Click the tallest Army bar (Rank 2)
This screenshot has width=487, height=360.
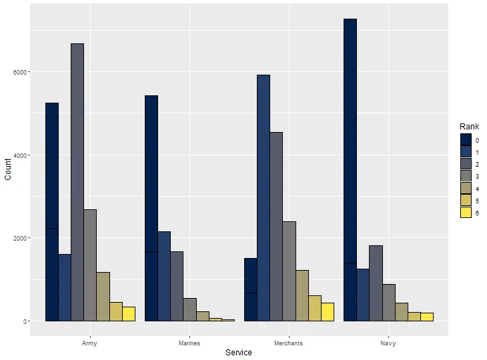(77, 182)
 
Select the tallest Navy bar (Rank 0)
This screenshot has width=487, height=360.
(350, 170)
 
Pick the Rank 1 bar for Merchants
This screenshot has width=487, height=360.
(264, 198)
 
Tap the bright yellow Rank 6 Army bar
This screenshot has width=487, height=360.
(129, 314)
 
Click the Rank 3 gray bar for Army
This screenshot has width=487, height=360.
(90, 265)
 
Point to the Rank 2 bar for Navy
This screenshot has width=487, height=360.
(376, 283)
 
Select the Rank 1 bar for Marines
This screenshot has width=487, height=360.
(164, 276)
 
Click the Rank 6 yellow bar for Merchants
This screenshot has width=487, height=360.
(328, 312)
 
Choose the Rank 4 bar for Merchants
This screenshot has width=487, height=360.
(302, 295)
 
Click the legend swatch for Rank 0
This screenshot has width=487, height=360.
(466, 139)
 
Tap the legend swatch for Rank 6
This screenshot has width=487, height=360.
(466, 213)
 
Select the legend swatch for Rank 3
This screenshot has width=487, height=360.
(466, 176)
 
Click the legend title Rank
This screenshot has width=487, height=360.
(469, 127)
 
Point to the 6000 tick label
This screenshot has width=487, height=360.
(20, 72)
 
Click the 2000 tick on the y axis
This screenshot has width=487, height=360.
(20, 238)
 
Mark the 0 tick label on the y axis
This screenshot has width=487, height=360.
(25, 321)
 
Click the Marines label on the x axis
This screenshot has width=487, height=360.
(189, 343)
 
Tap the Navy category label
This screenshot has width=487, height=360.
(388, 343)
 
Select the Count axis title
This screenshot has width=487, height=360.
(8, 169)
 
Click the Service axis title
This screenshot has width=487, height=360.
(239, 353)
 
